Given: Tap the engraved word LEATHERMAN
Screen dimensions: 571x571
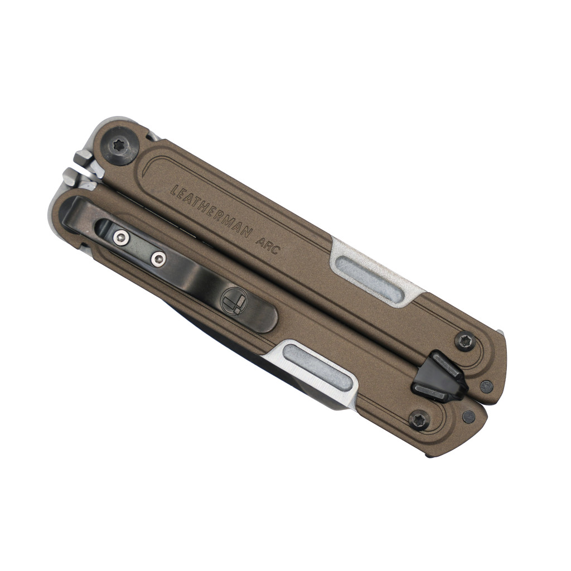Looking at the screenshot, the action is pyautogui.click(x=211, y=211).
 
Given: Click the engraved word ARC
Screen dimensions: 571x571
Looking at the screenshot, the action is pyautogui.click(x=268, y=246).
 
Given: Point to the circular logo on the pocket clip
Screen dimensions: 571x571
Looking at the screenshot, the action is pyautogui.click(x=234, y=301).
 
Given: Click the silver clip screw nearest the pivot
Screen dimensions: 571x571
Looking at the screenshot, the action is pyautogui.click(x=121, y=238).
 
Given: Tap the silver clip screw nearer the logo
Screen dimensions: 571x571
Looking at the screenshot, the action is pyautogui.click(x=158, y=259).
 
